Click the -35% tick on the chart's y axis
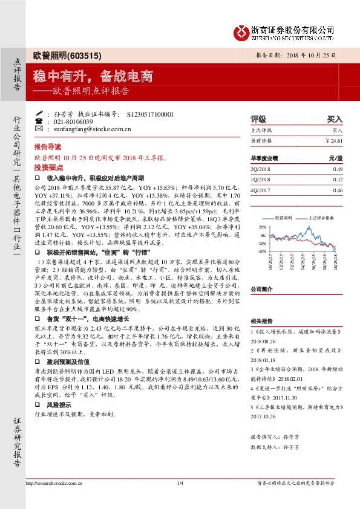point(261,250)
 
